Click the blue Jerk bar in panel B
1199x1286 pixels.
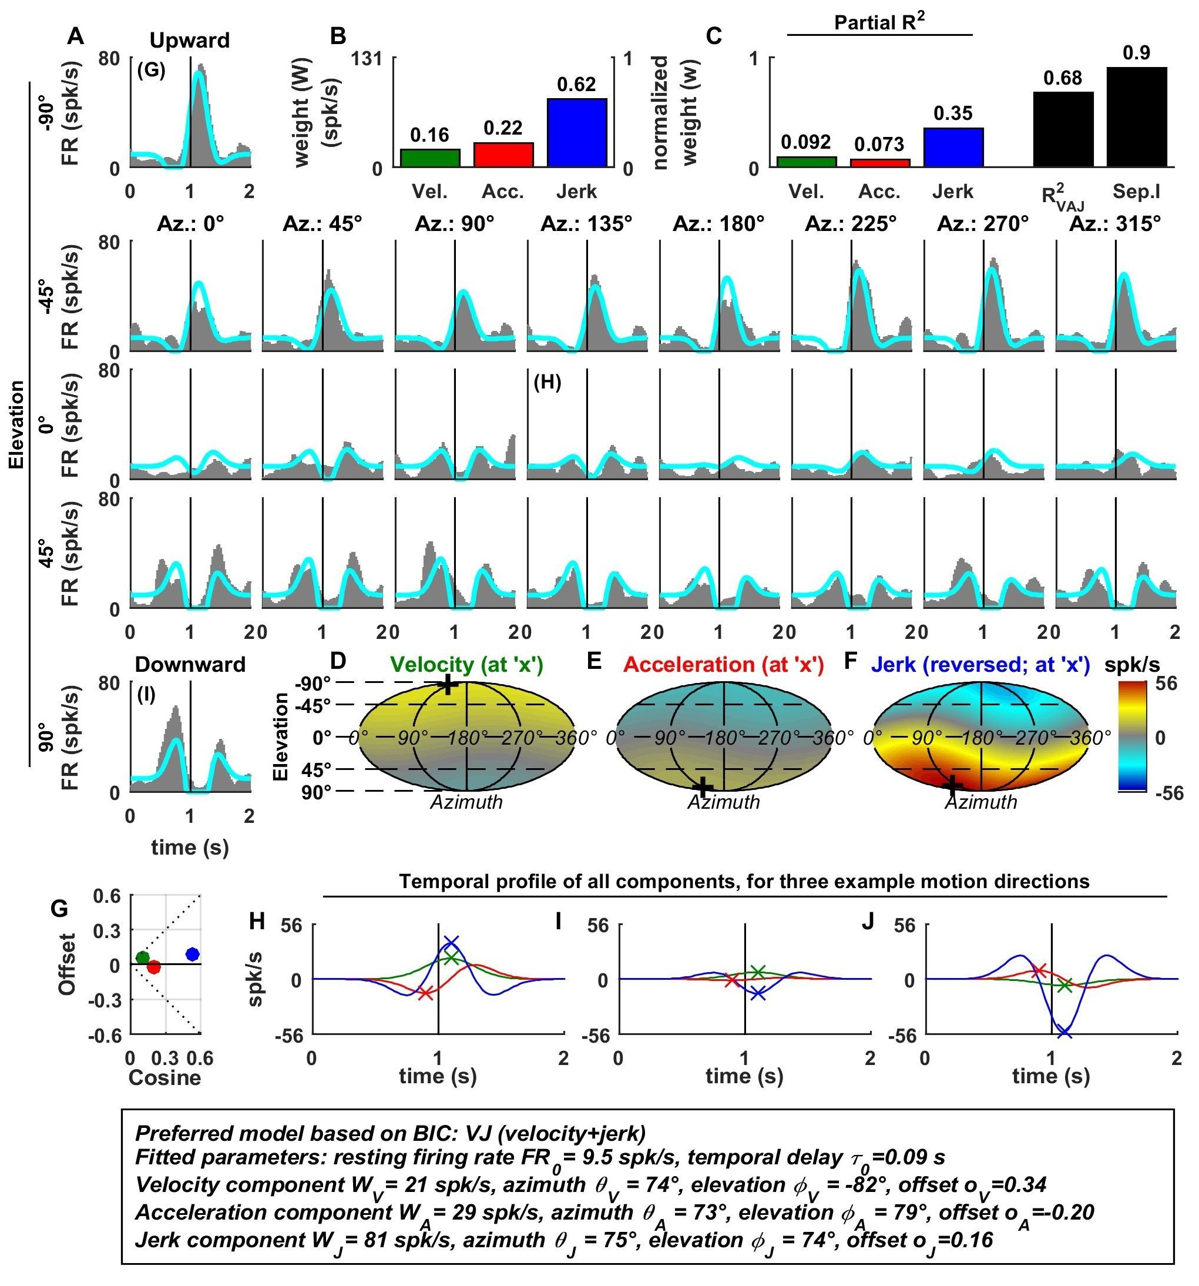576,133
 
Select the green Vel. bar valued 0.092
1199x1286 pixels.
806,162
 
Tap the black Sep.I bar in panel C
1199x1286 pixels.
1136,116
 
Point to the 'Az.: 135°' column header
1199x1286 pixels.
585,224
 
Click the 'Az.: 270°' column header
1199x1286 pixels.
982,224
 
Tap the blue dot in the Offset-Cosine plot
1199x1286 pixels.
192,954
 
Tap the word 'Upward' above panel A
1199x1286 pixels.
190,41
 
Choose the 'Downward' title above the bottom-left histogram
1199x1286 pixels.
190,664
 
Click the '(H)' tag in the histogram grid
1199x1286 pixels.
547,383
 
